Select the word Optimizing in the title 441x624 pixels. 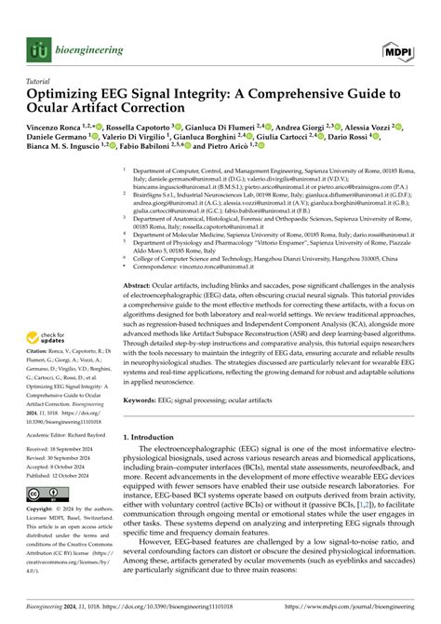coord(68,96)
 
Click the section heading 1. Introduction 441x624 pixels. coord(154,435)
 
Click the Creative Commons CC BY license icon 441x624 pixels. coord(44,493)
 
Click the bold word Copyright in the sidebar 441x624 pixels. coord(43,511)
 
